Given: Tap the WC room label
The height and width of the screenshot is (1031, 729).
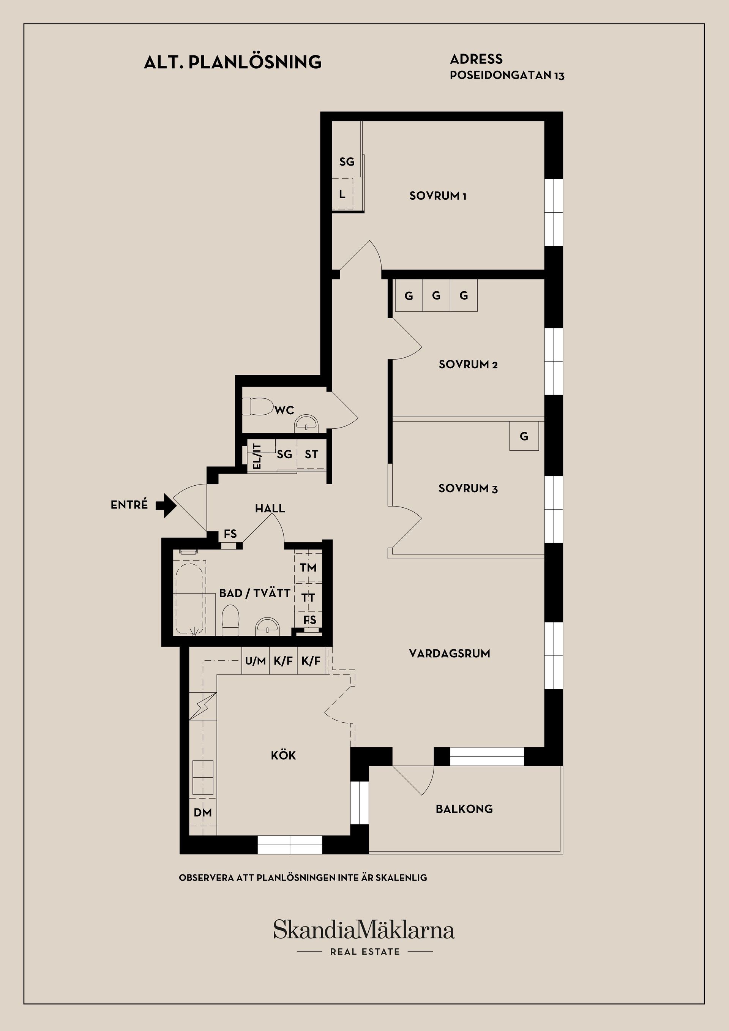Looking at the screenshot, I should point(284,410).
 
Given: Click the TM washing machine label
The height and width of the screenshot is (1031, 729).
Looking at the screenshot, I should point(308,568).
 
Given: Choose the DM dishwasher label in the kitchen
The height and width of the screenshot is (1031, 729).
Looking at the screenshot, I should point(202,812).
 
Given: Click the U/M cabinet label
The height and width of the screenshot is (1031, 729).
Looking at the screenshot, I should point(256,661).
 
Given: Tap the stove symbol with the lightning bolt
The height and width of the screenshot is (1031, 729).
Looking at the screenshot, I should point(203,706).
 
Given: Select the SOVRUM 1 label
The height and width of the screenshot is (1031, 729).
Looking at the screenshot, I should point(438,196).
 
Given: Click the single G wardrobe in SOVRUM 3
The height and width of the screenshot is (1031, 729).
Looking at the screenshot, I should point(524,436).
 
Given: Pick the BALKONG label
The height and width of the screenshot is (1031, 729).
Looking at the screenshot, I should point(464,809).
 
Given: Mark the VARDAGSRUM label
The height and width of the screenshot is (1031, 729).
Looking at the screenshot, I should point(449,654).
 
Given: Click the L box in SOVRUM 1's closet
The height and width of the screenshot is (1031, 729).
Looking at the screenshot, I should point(342,194).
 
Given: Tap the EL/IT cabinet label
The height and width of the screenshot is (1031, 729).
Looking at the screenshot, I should point(257,456).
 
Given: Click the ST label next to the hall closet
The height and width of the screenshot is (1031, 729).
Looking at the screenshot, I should point(311,455).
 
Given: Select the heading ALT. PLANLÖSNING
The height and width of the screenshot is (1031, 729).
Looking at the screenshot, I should point(232,62).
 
